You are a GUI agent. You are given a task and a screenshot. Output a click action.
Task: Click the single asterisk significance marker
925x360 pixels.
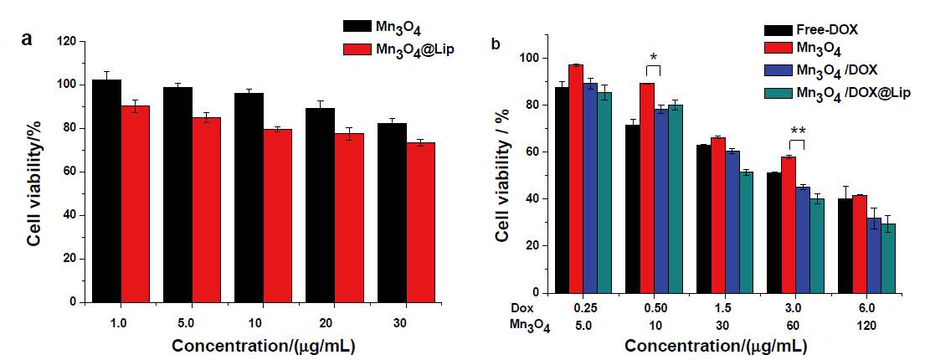(654, 58)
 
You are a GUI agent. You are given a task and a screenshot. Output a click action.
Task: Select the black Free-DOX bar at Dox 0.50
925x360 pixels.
(632, 208)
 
